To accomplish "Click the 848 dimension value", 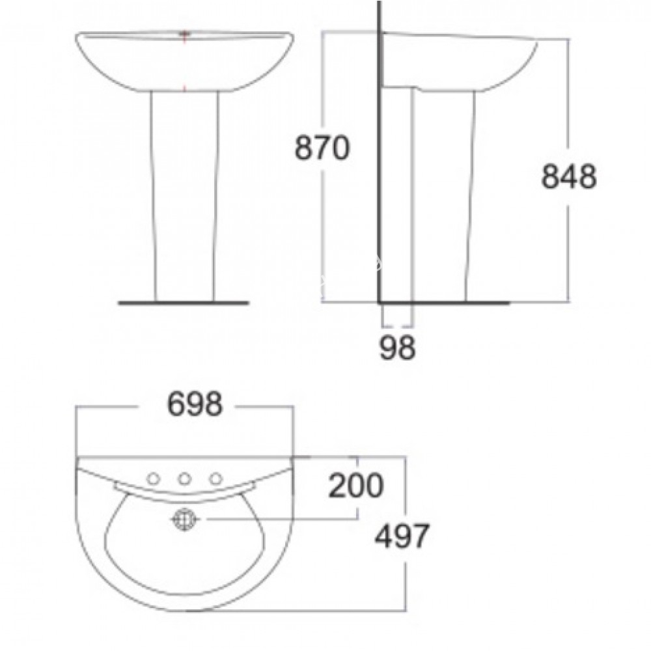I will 568,176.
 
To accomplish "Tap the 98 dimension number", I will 397,348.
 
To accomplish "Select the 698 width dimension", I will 195,406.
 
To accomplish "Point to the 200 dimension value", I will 355,486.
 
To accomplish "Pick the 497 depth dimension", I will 402,537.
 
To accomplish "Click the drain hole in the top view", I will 185,519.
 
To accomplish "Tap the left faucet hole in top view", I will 154,479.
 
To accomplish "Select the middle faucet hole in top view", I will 185,480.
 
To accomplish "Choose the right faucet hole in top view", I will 215,479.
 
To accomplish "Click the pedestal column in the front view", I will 185,195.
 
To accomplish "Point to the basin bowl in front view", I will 185,62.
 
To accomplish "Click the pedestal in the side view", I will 443,195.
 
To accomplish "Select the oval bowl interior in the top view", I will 185,553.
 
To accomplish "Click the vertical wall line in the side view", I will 379,163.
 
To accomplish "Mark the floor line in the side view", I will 443,303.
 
